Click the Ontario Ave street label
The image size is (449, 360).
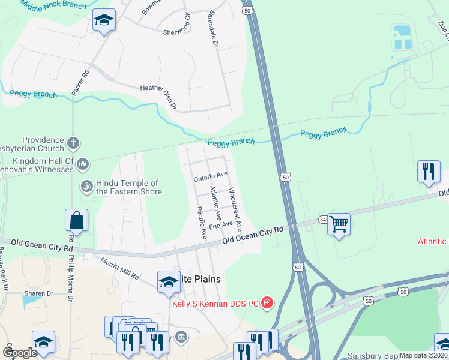tap(211, 175)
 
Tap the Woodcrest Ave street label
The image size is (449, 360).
tap(235, 209)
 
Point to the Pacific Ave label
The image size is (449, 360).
tap(202, 223)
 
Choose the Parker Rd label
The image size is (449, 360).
tap(80, 82)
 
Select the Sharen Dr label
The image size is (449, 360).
tap(38, 294)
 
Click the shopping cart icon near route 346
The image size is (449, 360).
tap(339, 224)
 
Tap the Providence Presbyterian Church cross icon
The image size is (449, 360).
tap(73, 143)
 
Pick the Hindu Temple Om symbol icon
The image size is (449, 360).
tap(86, 187)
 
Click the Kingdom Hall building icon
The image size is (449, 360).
tap(83, 164)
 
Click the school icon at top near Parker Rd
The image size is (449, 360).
tap(104, 21)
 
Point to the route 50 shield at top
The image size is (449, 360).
tap(247, 10)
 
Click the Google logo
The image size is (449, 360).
tap(20, 353)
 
